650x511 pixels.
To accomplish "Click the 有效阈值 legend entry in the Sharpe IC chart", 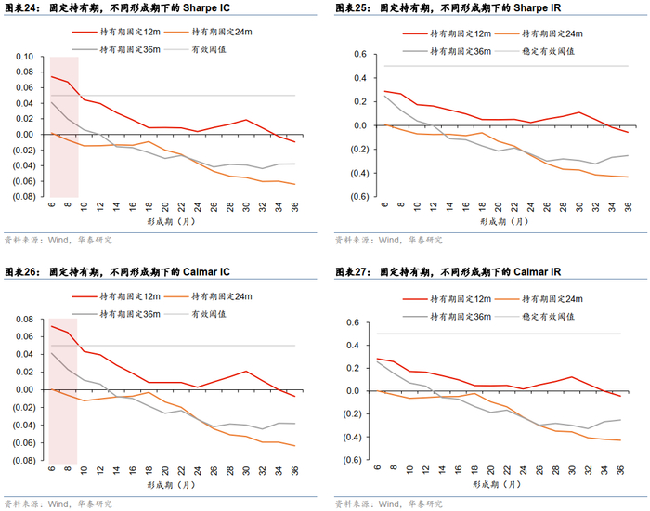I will pyautogui.click(x=208, y=48).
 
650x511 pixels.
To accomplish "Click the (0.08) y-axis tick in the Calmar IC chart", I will pyautogui.click(x=22, y=461).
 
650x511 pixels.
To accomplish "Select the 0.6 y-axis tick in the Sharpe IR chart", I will pyautogui.click(x=355, y=55).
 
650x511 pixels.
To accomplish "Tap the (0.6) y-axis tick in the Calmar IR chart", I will pyautogui.click(x=352, y=461).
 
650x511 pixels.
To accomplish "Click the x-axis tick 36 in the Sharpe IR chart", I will pyautogui.click(x=628, y=207).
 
